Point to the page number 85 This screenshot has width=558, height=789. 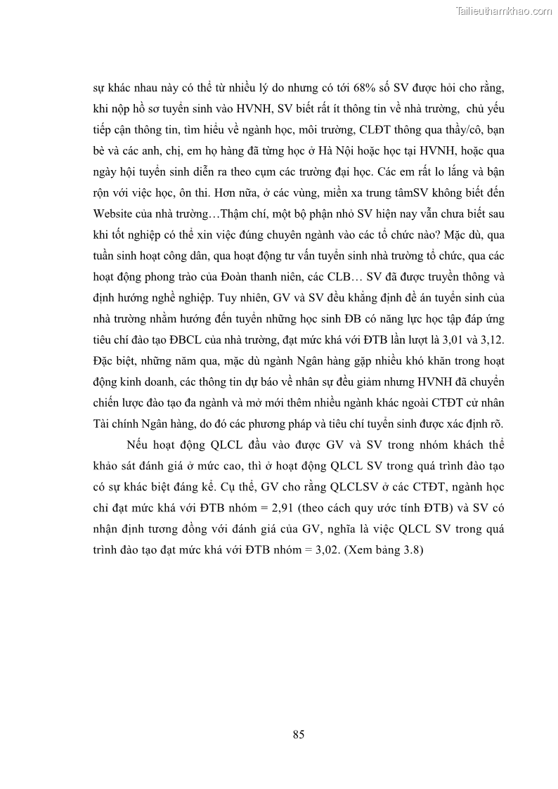(x=298, y=735)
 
